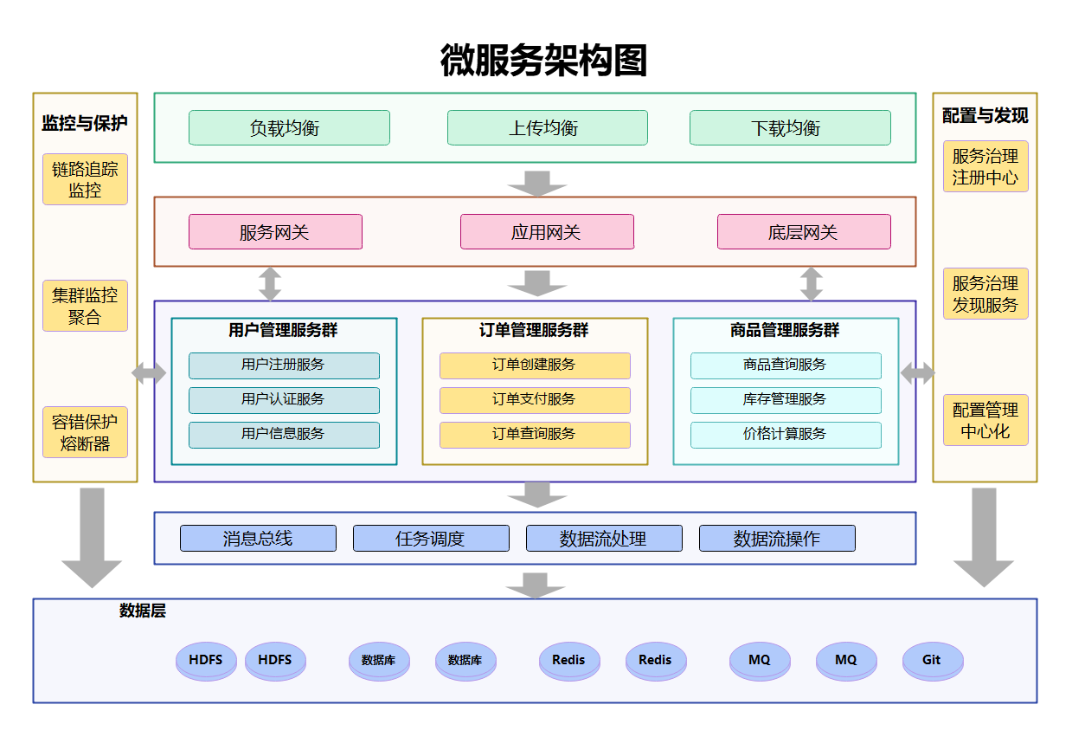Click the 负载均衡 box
289,128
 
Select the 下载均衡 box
790,128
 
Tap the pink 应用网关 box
547,232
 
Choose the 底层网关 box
804,232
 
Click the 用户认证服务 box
284,400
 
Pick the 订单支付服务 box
535,400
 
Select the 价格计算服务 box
786,435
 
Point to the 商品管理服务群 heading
785,331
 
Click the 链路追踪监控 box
85,179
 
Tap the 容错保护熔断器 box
85,432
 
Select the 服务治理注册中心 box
985,166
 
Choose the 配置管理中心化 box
985,420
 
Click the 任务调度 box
431,539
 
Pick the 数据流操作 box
777,539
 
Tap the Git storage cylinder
932,661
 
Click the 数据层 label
143,611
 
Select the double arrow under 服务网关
270,284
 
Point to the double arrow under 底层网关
811,284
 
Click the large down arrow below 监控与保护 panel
92,537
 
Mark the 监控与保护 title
85,123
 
